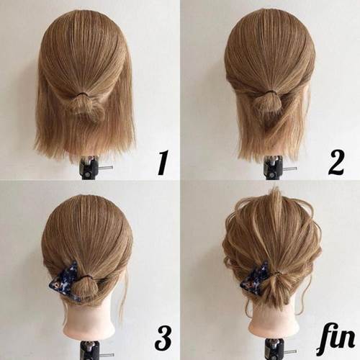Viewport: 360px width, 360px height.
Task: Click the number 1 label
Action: tap(163, 163)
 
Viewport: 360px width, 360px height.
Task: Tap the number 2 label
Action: tap(336, 163)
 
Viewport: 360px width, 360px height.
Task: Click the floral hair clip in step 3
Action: tap(64, 280)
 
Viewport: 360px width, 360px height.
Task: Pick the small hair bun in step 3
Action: tap(87, 287)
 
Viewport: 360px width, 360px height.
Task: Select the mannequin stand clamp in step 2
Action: tap(274, 167)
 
